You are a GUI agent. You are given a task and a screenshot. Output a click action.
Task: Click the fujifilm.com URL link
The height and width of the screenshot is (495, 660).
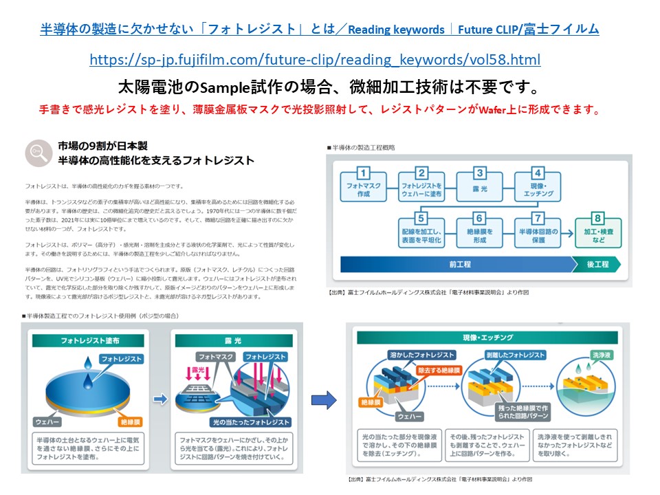pos(315,60)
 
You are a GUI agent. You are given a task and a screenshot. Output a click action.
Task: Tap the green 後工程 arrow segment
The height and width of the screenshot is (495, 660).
pos(597,264)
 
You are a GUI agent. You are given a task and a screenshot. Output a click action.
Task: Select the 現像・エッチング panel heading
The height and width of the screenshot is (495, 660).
pos(489,338)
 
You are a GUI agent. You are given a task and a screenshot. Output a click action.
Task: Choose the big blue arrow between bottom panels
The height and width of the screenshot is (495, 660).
pos(323,399)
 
